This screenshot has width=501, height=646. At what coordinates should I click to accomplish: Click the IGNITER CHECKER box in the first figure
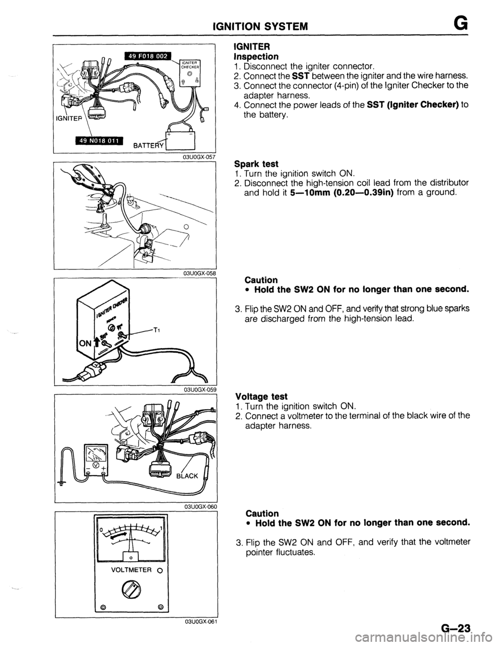[190, 73]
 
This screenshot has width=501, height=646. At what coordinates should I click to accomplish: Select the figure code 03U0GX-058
[200, 273]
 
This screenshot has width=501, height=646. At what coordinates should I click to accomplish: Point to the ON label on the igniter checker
[83, 344]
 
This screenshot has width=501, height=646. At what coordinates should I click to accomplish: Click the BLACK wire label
[187, 476]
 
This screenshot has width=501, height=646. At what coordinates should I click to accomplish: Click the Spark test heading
[256, 164]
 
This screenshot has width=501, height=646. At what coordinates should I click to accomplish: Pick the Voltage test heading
[261, 396]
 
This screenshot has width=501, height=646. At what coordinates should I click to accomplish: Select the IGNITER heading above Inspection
[252, 46]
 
